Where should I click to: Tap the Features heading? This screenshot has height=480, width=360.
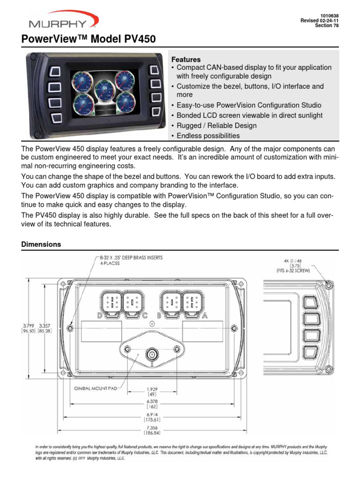tap(186, 60)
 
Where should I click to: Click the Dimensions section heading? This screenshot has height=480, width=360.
tap(41, 244)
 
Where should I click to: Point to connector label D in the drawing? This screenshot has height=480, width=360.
tap(99, 315)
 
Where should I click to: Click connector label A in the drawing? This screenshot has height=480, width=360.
tap(204, 315)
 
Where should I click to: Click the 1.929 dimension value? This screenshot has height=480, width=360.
tap(151, 390)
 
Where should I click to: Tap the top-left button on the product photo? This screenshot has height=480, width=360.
tap(55, 71)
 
